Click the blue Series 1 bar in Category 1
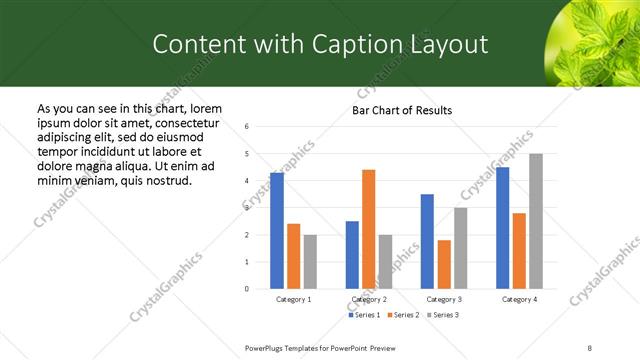pos(277,231)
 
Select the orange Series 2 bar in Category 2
pos(369,229)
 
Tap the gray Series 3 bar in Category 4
pos(536,221)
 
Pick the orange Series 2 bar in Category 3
pos(444,264)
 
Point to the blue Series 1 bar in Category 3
pos(427,241)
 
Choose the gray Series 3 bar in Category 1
pos(311,262)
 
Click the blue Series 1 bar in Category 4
pos(502,228)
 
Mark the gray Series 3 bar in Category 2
pos(386,262)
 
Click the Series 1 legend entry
pos(366,315)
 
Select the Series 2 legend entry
pos(403,315)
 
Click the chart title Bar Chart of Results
pos(402,110)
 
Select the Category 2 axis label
pos(369,299)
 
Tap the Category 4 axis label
pos(519,299)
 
